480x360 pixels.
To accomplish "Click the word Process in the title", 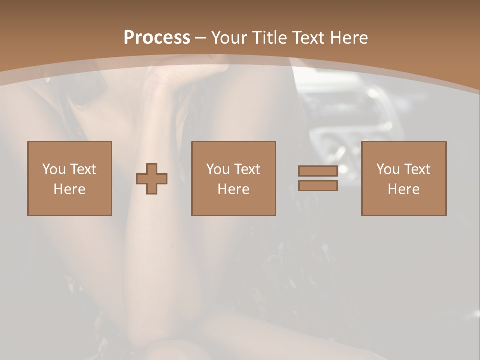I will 157,38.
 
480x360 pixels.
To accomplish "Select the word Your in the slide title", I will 230,38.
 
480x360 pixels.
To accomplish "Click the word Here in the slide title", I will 349,38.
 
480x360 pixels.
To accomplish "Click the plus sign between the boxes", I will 152,179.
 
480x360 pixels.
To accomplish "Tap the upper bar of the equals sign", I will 318,171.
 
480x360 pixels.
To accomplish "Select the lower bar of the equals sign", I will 318,185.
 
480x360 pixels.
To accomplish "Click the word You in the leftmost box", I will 54,169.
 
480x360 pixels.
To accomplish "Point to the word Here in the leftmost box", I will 69,189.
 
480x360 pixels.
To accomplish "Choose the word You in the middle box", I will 218,169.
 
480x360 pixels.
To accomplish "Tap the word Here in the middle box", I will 233,189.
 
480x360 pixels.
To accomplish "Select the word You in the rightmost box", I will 388,169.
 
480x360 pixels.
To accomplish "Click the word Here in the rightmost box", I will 403,189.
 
